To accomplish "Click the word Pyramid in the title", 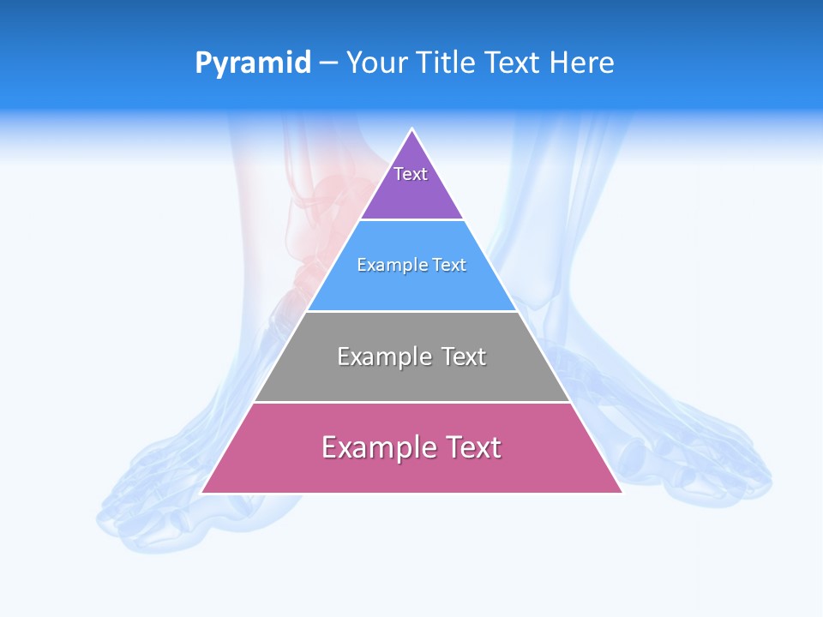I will click(253, 63).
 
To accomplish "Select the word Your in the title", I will click(377, 63).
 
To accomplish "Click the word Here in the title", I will click(581, 63).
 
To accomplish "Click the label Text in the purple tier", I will click(411, 174).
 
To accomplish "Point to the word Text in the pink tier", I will click(471, 447).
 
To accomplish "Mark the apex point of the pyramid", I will click(412, 129).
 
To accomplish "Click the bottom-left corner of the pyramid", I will click(202, 492).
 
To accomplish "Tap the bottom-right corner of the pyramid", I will click(622, 492).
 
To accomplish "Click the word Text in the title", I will click(514, 63).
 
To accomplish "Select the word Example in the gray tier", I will click(385, 356).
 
